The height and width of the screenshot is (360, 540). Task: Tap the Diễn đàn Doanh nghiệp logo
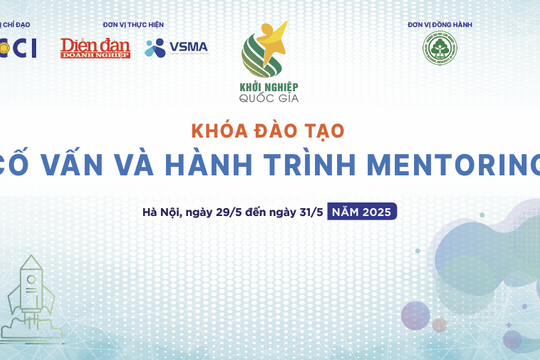pos(95,47)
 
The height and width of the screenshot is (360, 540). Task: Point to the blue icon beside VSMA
pos(155,47)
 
